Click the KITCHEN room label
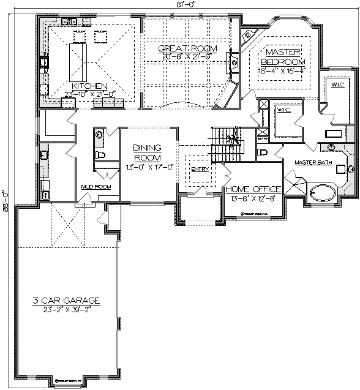[x=89, y=86]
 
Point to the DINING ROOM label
[x=147, y=151]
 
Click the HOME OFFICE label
[x=253, y=189]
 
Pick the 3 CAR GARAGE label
[x=66, y=301]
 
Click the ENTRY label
[x=200, y=169]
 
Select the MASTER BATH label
[x=312, y=162]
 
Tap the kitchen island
[x=78, y=58]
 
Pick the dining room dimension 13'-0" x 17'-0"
[x=147, y=166]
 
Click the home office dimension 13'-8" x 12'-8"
[x=253, y=197]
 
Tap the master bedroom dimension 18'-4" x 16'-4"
[x=283, y=70]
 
